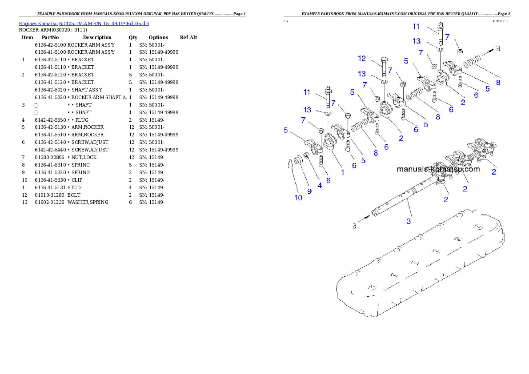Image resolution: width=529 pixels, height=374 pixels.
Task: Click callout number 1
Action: pyautogui.click(x=342, y=173)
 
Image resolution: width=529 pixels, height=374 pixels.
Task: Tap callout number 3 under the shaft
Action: pyautogui.click(x=409, y=220)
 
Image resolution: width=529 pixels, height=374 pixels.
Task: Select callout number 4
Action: pyautogui.click(x=320, y=186)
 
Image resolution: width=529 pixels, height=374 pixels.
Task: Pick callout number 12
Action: pyautogui.click(x=362, y=58)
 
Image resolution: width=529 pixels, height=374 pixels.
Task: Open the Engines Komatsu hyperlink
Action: pyautogui.click(x=84, y=23)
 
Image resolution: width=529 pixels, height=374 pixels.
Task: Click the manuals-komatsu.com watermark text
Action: pyautogui.click(x=438, y=169)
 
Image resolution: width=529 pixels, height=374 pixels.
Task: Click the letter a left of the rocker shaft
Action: pyautogui.click(x=354, y=226)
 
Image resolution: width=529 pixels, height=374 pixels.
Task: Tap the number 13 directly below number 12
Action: pyautogui.click(x=362, y=74)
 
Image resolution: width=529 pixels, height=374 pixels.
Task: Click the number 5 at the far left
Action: pyautogui.click(x=286, y=130)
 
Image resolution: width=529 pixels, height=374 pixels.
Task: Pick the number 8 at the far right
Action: pyautogui.click(x=498, y=82)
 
